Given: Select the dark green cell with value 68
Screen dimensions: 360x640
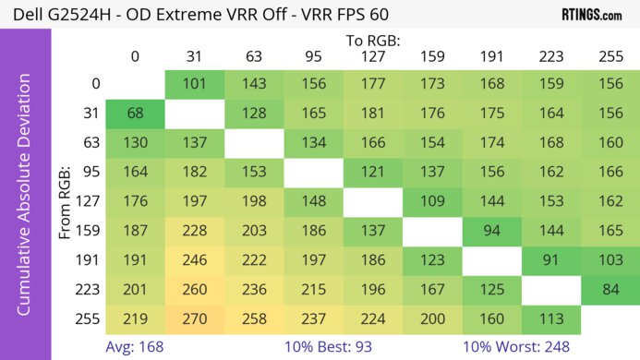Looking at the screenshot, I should [134, 115].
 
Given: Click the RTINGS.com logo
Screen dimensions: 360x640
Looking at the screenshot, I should [591, 16].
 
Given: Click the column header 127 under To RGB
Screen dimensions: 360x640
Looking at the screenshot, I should [371, 56].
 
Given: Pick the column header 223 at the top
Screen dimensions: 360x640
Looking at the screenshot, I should [549, 56].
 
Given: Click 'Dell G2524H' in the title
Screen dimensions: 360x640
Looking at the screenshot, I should [55, 16].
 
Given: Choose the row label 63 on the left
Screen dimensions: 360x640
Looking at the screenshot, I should [91, 145].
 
